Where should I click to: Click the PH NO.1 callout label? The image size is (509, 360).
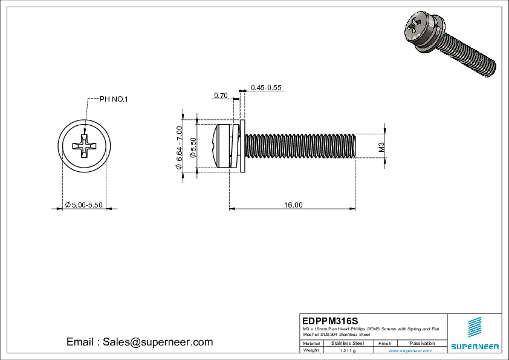click(114, 99)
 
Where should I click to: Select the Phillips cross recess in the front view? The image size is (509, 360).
click(84, 147)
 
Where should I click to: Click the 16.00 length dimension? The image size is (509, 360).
click(293, 206)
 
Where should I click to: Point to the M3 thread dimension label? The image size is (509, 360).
click(381, 147)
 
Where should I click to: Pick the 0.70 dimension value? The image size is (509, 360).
click(220, 96)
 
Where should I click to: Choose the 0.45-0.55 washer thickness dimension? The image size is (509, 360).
click(267, 88)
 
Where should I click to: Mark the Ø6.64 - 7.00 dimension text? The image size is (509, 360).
click(179, 148)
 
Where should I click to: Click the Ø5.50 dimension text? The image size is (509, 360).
click(193, 148)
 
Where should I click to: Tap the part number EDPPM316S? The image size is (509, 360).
click(330, 320)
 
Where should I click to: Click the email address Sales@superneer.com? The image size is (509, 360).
click(140, 342)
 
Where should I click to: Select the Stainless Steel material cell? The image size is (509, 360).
click(348, 343)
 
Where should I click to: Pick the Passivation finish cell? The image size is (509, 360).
click(422, 343)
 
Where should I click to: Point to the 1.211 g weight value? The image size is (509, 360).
click(348, 350)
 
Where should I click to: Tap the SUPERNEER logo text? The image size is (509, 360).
click(475, 347)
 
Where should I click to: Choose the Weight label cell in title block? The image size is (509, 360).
click(311, 350)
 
